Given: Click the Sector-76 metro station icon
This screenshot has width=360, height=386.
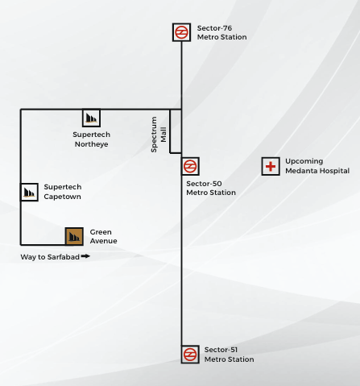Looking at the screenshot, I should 182,32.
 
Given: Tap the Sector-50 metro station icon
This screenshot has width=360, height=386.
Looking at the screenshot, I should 190,167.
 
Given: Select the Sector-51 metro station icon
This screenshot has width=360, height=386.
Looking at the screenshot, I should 190,354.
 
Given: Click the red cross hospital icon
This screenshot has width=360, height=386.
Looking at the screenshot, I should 271,167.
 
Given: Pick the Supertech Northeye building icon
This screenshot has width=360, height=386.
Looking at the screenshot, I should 91,118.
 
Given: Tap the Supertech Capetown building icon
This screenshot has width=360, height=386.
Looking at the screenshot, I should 30,192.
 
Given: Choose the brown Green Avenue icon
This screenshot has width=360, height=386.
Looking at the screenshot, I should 75,236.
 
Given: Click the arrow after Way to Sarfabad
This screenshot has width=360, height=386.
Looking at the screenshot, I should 85,257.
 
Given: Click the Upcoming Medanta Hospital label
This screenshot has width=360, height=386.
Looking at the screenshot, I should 317,166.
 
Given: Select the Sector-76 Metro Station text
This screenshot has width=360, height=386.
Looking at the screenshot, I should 222,32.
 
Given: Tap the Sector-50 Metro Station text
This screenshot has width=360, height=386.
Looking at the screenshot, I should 211,188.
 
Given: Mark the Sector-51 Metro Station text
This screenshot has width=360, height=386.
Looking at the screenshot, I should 229,355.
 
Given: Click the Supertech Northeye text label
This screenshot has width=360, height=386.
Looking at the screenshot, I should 90,139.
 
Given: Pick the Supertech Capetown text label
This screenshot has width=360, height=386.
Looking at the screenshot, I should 62,192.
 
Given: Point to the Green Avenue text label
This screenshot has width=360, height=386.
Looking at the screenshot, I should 103,236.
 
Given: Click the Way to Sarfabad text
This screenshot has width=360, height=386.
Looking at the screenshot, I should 49,257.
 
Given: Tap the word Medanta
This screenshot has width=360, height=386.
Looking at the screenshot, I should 302,171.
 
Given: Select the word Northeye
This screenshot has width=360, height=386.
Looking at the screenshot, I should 90,144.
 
